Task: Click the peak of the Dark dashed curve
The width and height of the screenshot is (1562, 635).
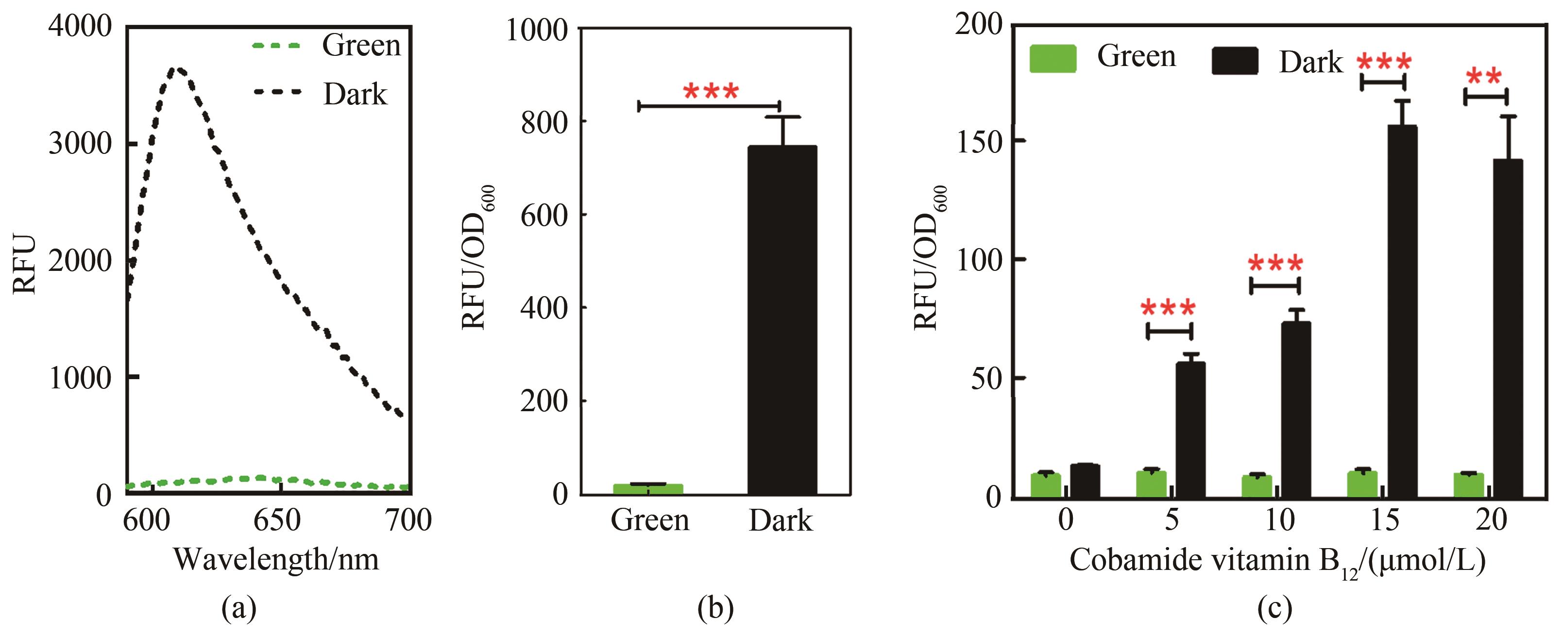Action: (178, 70)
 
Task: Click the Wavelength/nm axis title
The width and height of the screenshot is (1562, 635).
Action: (276, 559)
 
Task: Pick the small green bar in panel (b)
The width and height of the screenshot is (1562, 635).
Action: (648, 488)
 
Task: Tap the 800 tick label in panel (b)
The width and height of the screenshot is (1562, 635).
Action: (544, 123)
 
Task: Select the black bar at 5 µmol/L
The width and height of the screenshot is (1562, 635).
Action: (1190, 430)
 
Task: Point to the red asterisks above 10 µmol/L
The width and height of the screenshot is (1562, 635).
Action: (1275, 264)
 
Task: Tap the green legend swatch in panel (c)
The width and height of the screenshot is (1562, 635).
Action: (1053, 59)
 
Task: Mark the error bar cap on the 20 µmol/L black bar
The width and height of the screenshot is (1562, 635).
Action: (1508, 116)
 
